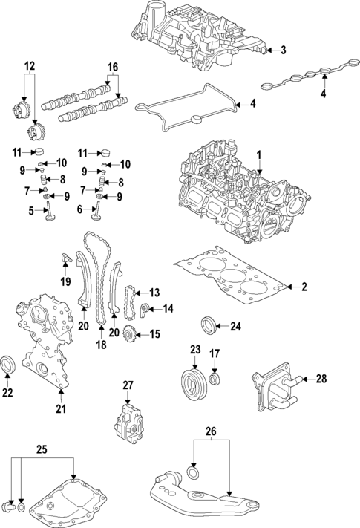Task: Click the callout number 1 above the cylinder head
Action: pos(260,154)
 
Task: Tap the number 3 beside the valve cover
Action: pos(282,50)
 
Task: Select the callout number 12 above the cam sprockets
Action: pos(29,66)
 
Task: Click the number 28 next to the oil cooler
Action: pos(321,379)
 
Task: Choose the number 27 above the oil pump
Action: pos(127,385)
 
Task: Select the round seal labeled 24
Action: pos(210,325)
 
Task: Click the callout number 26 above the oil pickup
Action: pos(210,430)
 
